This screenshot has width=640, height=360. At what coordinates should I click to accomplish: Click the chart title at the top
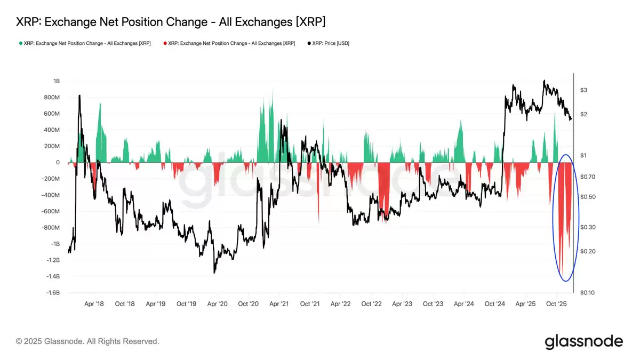click(171, 22)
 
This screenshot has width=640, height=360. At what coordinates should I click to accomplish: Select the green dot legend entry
click(85, 43)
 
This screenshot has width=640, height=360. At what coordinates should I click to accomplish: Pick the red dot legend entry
click(229, 43)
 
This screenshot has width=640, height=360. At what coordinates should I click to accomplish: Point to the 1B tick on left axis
click(56, 81)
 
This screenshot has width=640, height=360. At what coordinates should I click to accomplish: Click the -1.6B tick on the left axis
click(52, 293)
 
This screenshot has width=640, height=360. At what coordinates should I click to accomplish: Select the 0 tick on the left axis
click(58, 163)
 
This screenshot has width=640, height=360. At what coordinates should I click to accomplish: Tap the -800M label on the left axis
click(51, 228)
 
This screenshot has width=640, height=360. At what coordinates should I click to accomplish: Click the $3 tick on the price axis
click(583, 90)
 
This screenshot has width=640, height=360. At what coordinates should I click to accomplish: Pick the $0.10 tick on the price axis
click(587, 293)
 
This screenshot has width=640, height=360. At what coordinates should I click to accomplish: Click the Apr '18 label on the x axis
click(94, 303)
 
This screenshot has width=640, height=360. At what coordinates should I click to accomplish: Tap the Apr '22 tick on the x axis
click(340, 303)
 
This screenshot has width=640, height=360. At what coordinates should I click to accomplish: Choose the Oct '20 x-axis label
click(248, 303)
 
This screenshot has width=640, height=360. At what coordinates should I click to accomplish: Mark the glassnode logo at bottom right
click(583, 341)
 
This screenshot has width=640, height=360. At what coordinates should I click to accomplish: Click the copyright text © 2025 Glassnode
click(87, 341)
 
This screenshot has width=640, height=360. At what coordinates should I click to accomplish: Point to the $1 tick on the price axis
click(583, 155)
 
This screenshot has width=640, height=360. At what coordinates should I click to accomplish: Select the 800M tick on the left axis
click(53, 98)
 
